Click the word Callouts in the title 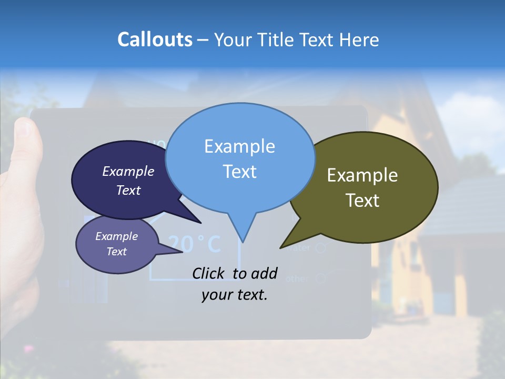[155, 39]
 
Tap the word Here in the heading [359, 39]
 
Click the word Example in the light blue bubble [239, 146]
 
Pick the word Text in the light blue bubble [239, 172]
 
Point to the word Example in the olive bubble [362, 175]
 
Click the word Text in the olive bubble [362, 200]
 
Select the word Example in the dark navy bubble [128, 171]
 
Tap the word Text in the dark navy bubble [128, 190]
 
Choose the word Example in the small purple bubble [116, 236]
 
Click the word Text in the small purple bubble [116, 252]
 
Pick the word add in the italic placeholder [264, 273]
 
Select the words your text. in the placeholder [235, 295]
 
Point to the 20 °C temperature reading [195, 244]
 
